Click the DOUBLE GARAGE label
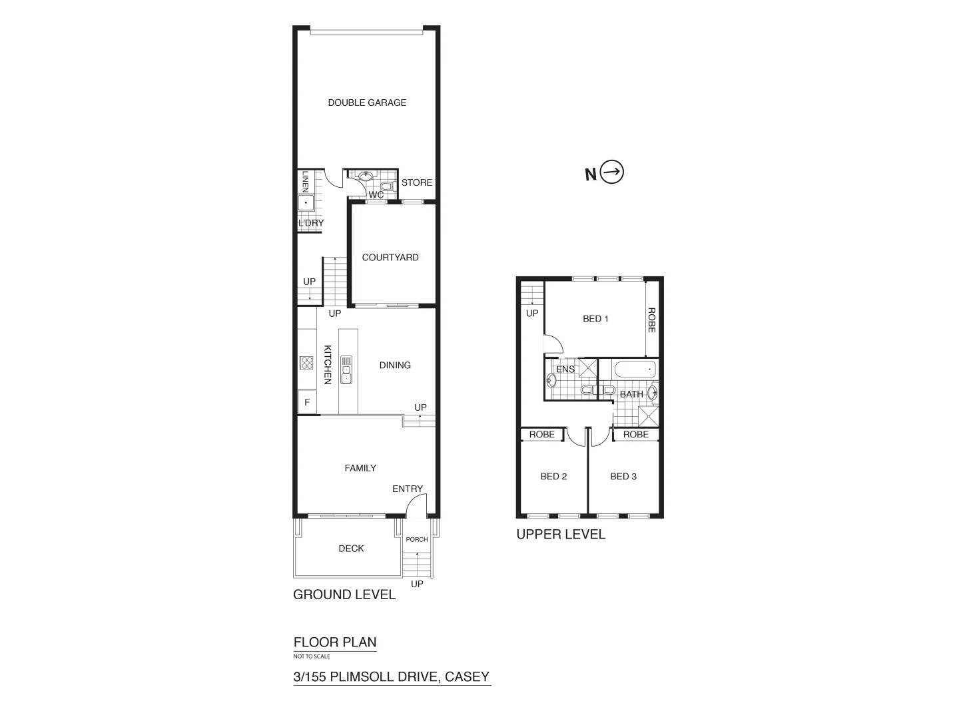click(x=367, y=103)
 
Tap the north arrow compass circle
click(x=612, y=172)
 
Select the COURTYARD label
click(x=390, y=258)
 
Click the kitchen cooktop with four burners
click(x=307, y=363)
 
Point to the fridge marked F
click(x=307, y=402)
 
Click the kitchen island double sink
click(x=346, y=370)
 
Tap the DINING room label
click(x=395, y=365)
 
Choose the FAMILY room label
click(x=360, y=468)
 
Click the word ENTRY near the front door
click(x=408, y=489)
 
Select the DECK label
click(x=351, y=549)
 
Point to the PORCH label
click(x=417, y=539)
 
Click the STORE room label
click(x=417, y=182)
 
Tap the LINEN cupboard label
click(x=305, y=181)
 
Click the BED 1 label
click(x=595, y=319)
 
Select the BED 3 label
click(x=623, y=477)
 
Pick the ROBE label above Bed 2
click(x=542, y=435)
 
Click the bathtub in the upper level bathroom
click(x=635, y=369)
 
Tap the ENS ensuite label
click(x=565, y=369)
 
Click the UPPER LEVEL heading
click(x=561, y=534)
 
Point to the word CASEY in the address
click(x=467, y=677)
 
